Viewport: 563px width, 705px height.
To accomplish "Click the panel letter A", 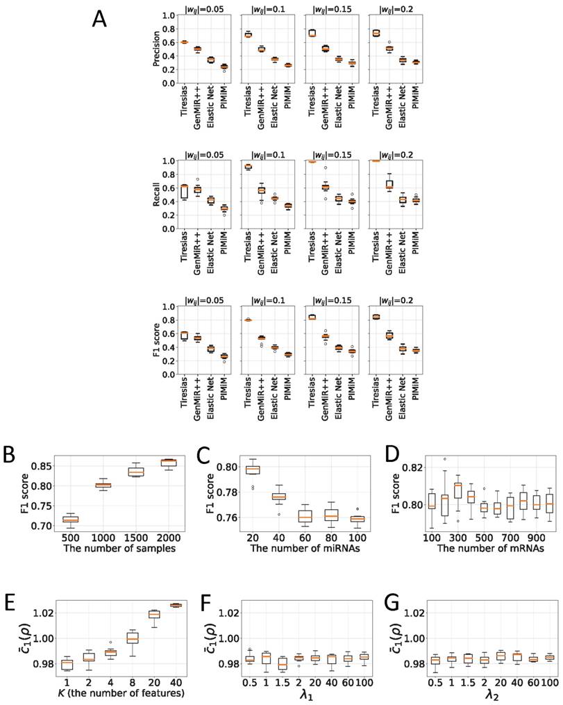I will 100,19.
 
